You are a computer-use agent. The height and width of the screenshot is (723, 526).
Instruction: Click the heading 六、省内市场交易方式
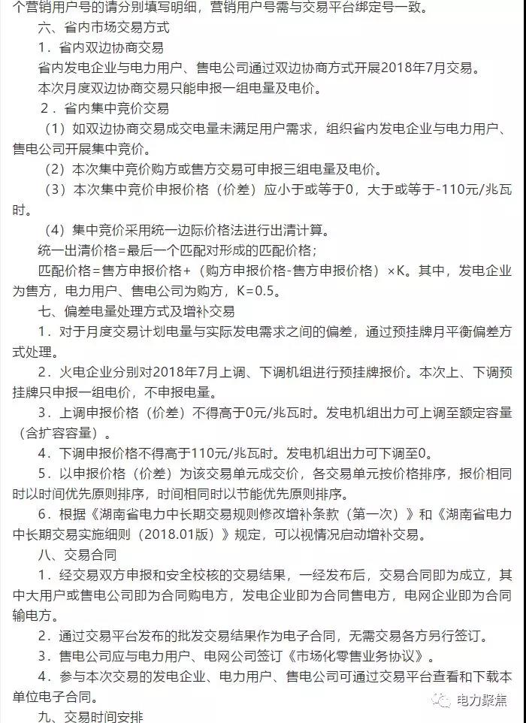click(103, 29)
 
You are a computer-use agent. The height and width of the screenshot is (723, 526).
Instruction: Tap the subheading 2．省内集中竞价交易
click(104, 107)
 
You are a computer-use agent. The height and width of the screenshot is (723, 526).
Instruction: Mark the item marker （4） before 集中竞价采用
click(56, 229)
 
